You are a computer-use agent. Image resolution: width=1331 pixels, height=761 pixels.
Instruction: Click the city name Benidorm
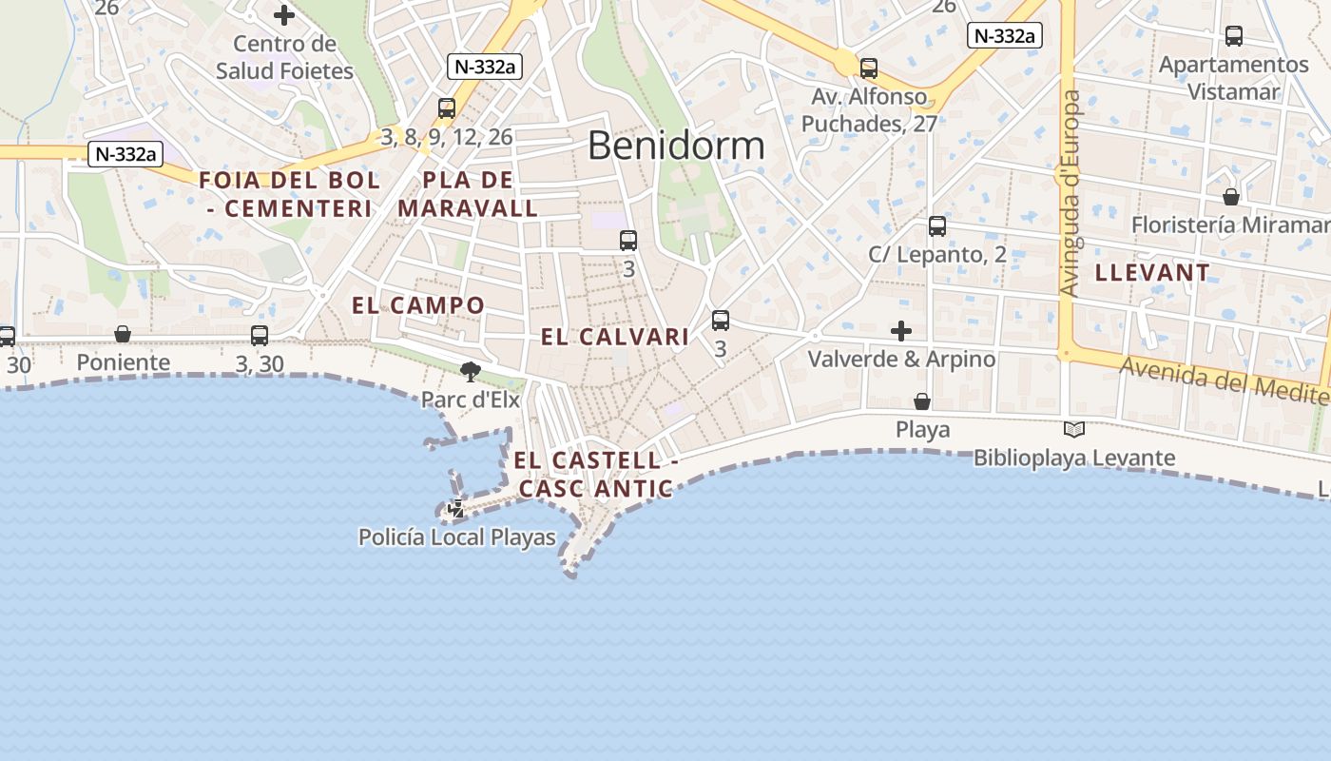click(676, 146)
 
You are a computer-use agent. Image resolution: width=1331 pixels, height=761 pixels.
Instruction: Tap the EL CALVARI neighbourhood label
click(615, 337)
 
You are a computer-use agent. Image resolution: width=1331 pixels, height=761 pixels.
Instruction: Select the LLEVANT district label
click(1152, 273)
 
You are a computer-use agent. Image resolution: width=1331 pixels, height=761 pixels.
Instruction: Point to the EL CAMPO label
click(418, 305)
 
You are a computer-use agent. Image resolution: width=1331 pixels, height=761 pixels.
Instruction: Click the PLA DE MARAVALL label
click(468, 194)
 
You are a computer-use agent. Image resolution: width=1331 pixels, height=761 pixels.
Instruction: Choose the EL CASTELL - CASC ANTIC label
click(596, 475)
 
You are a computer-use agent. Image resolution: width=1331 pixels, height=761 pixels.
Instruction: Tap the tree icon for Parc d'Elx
click(470, 371)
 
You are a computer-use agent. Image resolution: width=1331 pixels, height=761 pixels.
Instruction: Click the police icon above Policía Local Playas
click(456, 509)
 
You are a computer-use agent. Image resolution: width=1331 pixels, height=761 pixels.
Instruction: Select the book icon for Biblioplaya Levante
click(1074, 430)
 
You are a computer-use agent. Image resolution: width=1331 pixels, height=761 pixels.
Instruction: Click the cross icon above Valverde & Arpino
click(901, 331)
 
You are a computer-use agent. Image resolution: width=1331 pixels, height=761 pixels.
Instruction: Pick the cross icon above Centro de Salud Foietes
click(283, 15)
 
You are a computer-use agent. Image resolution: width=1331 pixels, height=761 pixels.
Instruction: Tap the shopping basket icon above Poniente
click(123, 334)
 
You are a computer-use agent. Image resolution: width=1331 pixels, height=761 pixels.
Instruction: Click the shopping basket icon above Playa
click(921, 401)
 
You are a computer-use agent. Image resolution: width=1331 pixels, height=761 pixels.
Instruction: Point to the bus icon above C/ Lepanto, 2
click(937, 226)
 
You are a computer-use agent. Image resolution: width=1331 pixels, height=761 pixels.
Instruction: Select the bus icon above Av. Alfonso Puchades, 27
click(869, 68)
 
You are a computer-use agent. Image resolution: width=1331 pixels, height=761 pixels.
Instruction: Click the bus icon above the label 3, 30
click(259, 335)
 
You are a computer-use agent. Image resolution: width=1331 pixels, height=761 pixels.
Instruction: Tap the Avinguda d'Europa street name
click(1071, 192)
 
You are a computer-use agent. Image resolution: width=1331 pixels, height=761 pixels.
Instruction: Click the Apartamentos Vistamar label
click(1233, 78)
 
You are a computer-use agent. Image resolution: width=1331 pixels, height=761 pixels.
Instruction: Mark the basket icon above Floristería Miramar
click(1231, 197)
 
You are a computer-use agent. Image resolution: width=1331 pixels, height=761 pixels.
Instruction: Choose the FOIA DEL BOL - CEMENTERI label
click(289, 194)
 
